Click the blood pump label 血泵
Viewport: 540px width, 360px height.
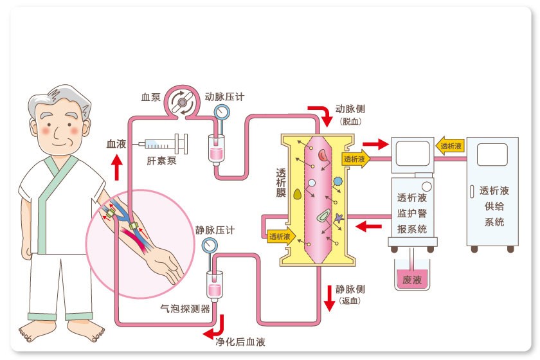(x=150, y=98)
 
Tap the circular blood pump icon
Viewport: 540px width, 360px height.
(x=181, y=101)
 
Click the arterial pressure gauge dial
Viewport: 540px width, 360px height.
(x=222, y=111)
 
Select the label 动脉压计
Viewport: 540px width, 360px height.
(x=224, y=97)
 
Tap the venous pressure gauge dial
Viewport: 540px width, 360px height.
(x=209, y=245)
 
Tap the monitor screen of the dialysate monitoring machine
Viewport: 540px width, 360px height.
(x=411, y=154)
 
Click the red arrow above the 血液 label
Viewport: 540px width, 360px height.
(x=116, y=170)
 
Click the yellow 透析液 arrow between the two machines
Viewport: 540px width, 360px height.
(x=451, y=147)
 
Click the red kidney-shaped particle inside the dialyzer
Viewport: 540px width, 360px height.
(x=322, y=154)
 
